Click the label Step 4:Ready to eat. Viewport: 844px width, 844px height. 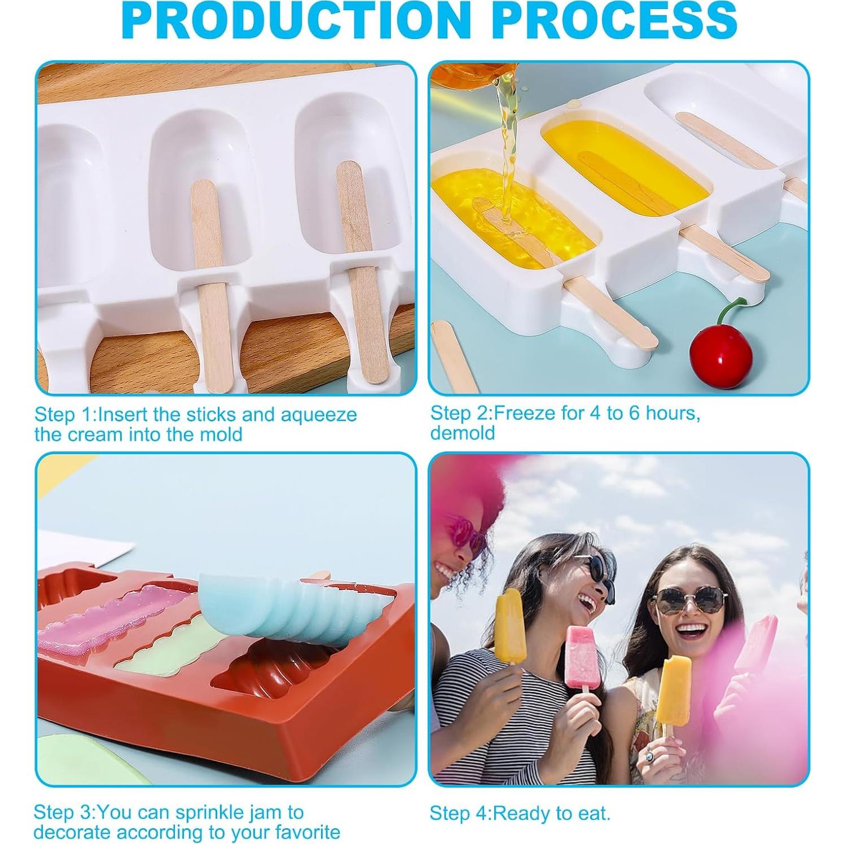point(520,813)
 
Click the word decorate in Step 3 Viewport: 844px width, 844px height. point(71,832)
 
